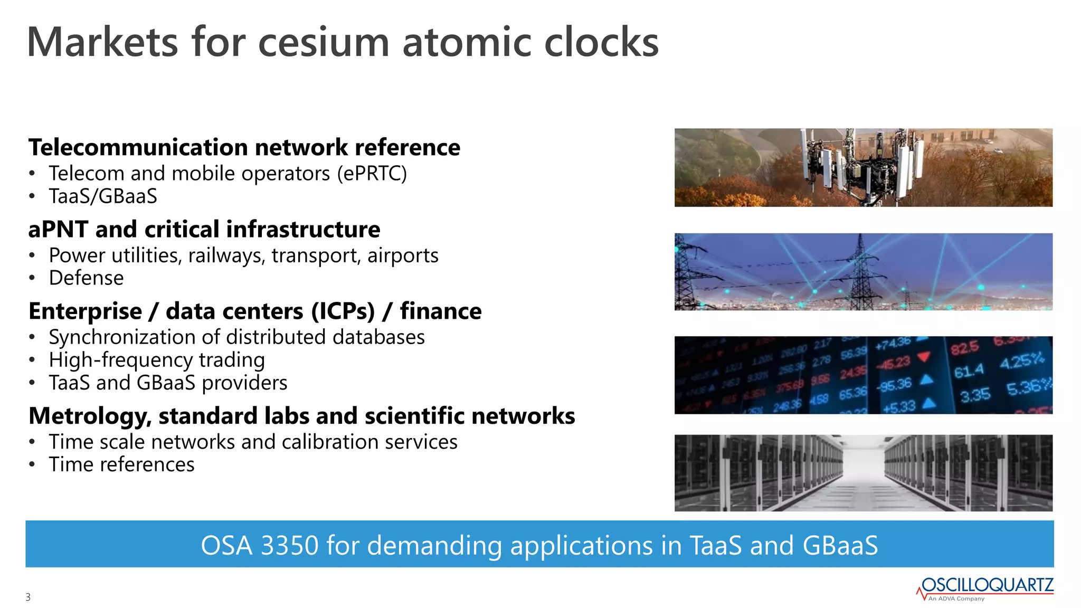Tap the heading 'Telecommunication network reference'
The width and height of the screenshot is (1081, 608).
coord(244,147)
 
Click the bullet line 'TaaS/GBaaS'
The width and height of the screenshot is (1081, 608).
coord(103,196)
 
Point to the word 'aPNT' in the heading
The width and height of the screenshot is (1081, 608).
coord(58,230)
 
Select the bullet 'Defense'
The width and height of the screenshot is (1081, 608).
coord(86,278)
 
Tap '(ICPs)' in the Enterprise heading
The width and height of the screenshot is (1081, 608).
coord(343,311)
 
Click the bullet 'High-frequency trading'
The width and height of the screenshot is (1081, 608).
coord(157,360)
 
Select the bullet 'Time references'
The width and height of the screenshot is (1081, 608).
coord(121,464)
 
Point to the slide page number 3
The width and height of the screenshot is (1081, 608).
coord(28,597)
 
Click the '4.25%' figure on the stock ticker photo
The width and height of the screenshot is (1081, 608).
coord(1021,362)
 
